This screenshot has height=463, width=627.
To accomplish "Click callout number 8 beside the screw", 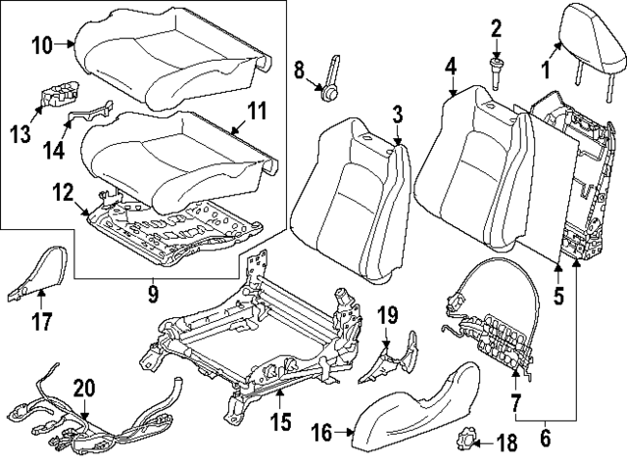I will coord(301,69).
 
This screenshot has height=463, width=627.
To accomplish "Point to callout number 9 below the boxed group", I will coord(152,290).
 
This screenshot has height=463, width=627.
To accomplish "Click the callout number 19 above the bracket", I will coord(387,314).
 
